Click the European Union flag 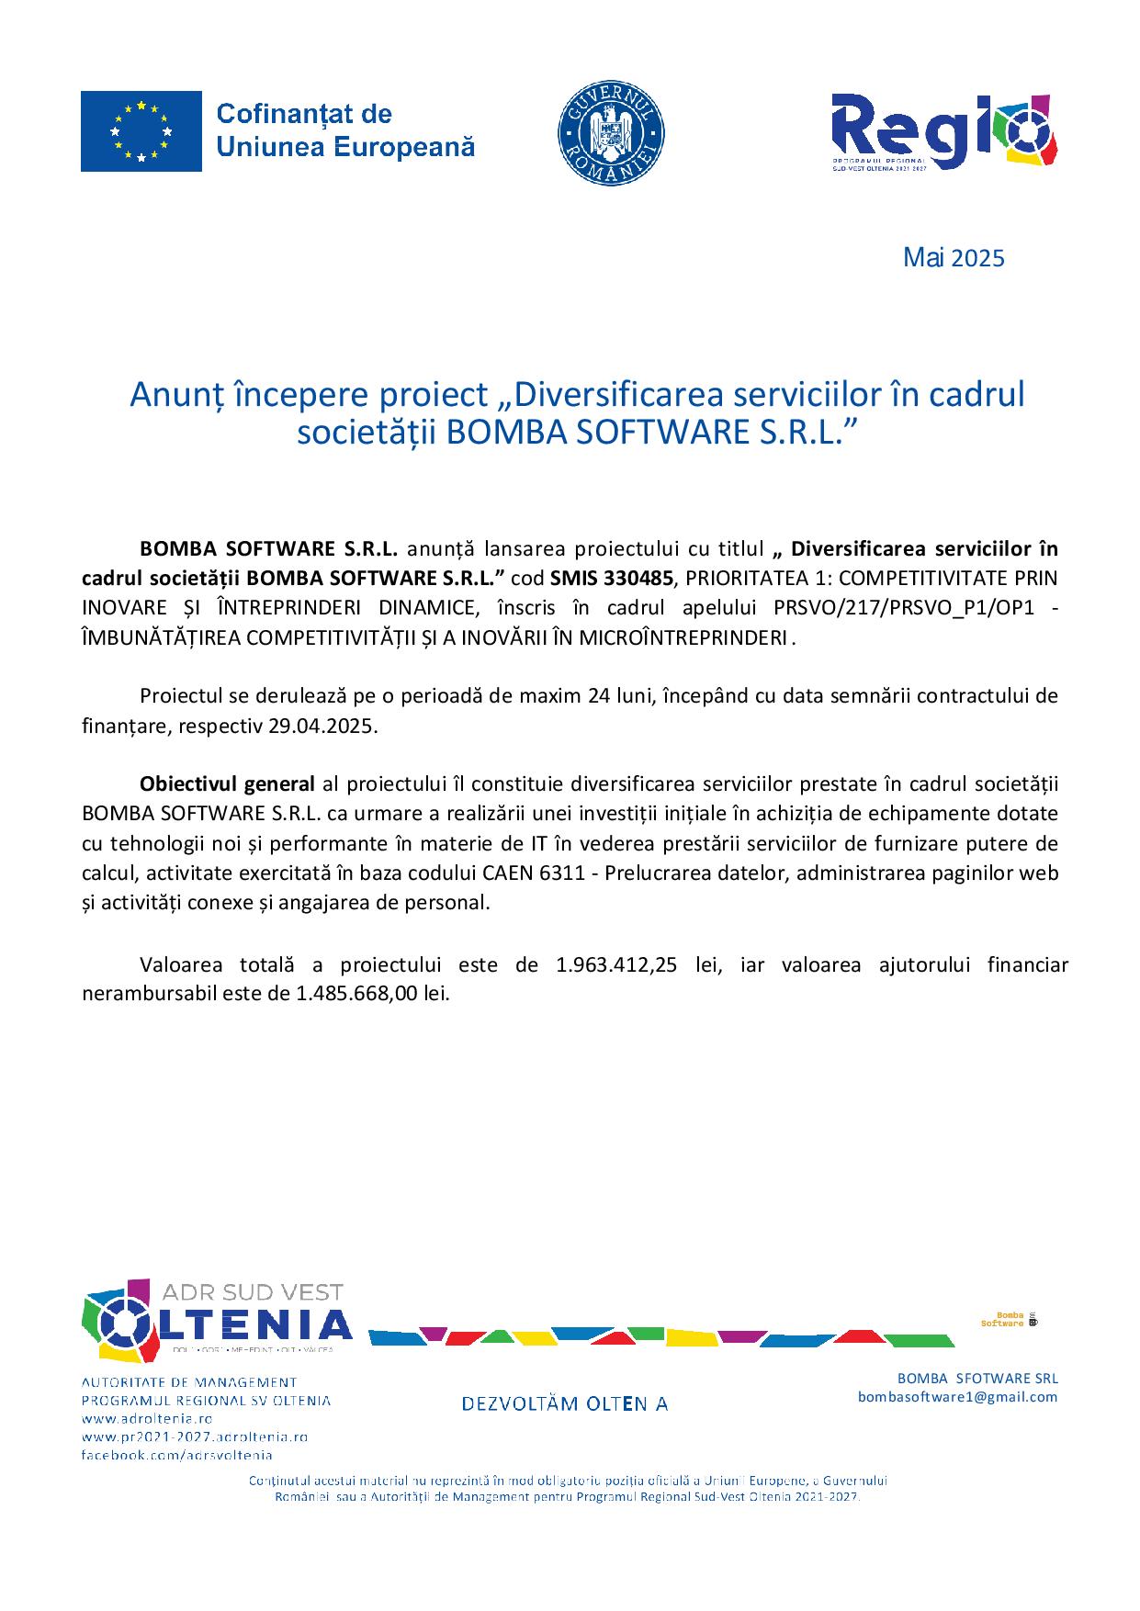(141, 131)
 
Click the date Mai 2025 (954, 258)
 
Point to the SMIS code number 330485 (641, 579)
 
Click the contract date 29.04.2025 (322, 726)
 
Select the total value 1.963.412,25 (621, 965)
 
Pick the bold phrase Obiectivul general (227, 784)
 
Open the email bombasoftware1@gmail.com (957, 1397)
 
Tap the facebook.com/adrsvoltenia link (176, 1455)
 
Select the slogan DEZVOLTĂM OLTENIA (564, 1403)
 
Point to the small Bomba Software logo (1009, 1320)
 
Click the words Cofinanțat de (304, 114)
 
